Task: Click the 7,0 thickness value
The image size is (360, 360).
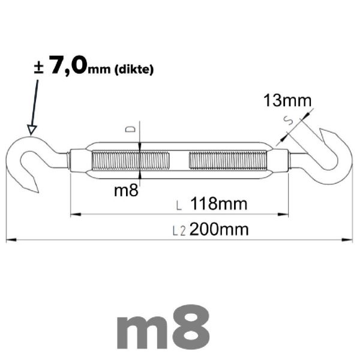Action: point(68,65)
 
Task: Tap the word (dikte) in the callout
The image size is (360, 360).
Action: point(134,70)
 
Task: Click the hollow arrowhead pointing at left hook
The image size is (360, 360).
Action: point(32,130)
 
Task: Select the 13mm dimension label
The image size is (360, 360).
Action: point(287,101)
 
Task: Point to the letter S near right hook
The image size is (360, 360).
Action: point(288,120)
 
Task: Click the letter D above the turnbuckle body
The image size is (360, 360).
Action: point(130,129)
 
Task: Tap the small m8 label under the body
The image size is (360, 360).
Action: point(126,190)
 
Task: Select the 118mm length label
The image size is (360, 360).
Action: point(219,203)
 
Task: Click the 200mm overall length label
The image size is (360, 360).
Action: point(219,229)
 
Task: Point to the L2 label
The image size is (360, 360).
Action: point(179,231)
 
